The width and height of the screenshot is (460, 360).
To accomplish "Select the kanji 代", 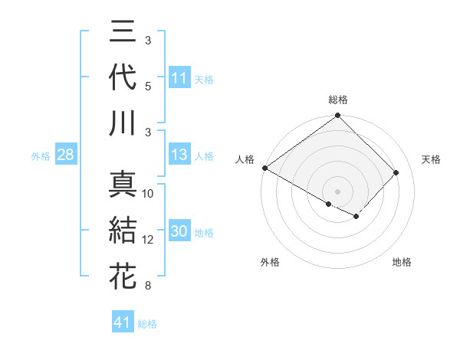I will pyautogui.click(x=123, y=78).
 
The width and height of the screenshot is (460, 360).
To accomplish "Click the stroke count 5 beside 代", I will pyautogui.click(x=148, y=87).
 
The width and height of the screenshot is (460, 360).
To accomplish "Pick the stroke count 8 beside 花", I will pyautogui.click(x=148, y=286).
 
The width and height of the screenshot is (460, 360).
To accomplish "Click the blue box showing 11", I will pyautogui.click(x=179, y=78).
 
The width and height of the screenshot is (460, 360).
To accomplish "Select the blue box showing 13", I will pyautogui.click(x=179, y=155).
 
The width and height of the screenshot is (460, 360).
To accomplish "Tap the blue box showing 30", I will pyautogui.click(x=179, y=232).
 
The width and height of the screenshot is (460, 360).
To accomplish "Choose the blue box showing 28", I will pyautogui.click(x=66, y=155).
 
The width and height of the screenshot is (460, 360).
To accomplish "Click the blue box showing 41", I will pyautogui.click(x=123, y=322).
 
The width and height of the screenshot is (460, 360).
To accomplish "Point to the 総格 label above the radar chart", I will pyautogui.click(x=338, y=100).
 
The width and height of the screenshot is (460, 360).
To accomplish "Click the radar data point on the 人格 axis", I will pyautogui.click(x=264, y=168).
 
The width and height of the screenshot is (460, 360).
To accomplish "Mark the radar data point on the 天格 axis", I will pyautogui.click(x=396, y=172).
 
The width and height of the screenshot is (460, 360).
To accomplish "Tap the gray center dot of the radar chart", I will pyautogui.click(x=338, y=191).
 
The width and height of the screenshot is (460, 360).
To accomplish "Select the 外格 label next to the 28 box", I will pyautogui.click(x=41, y=156).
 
